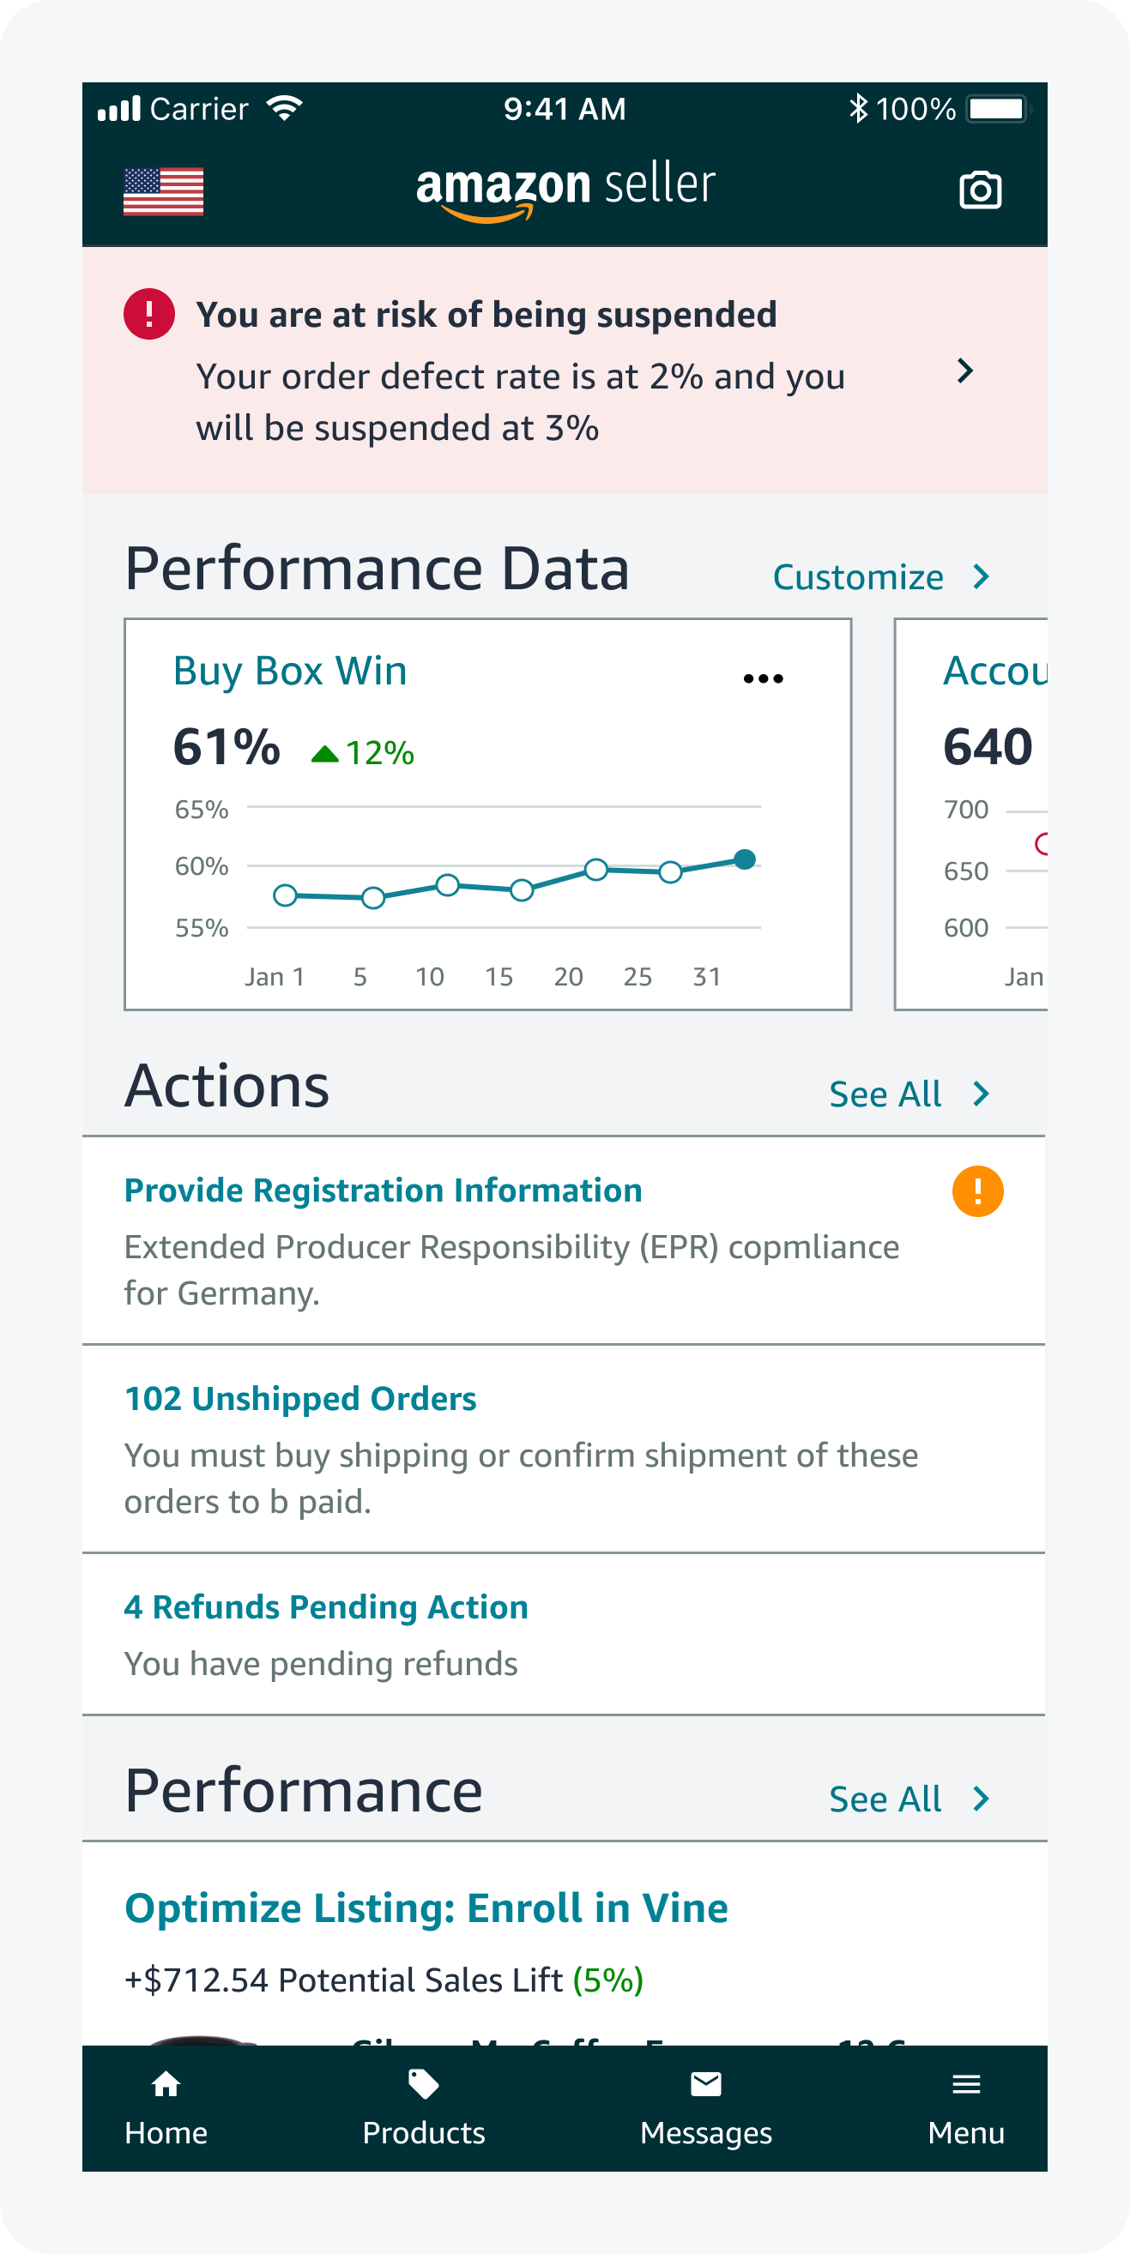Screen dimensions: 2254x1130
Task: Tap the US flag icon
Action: tap(163, 190)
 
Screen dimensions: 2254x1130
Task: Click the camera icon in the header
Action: tap(980, 190)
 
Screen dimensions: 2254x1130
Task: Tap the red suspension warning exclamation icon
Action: tap(148, 314)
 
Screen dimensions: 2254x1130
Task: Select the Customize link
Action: tap(880, 577)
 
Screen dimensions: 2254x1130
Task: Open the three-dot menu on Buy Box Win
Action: tap(763, 678)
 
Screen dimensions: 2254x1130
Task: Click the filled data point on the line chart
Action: tap(745, 859)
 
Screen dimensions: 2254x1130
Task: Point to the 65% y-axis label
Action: tap(202, 810)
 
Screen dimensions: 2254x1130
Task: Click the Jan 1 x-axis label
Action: tap(275, 977)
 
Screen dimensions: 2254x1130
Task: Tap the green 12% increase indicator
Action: tap(363, 752)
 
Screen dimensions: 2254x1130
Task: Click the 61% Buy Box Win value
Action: tap(227, 747)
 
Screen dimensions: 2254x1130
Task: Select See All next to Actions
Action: tap(909, 1094)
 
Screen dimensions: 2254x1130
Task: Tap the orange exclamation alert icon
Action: tap(977, 1190)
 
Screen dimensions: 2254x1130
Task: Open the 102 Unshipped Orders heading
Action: tap(300, 1398)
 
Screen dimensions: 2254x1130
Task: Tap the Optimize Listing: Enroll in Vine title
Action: tap(426, 1908)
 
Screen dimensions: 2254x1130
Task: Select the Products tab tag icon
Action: tap(424, 2084)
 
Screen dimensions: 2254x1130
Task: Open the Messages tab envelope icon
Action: tap(705, 2084)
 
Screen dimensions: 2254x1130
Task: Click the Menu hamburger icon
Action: tap(965, 2084)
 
